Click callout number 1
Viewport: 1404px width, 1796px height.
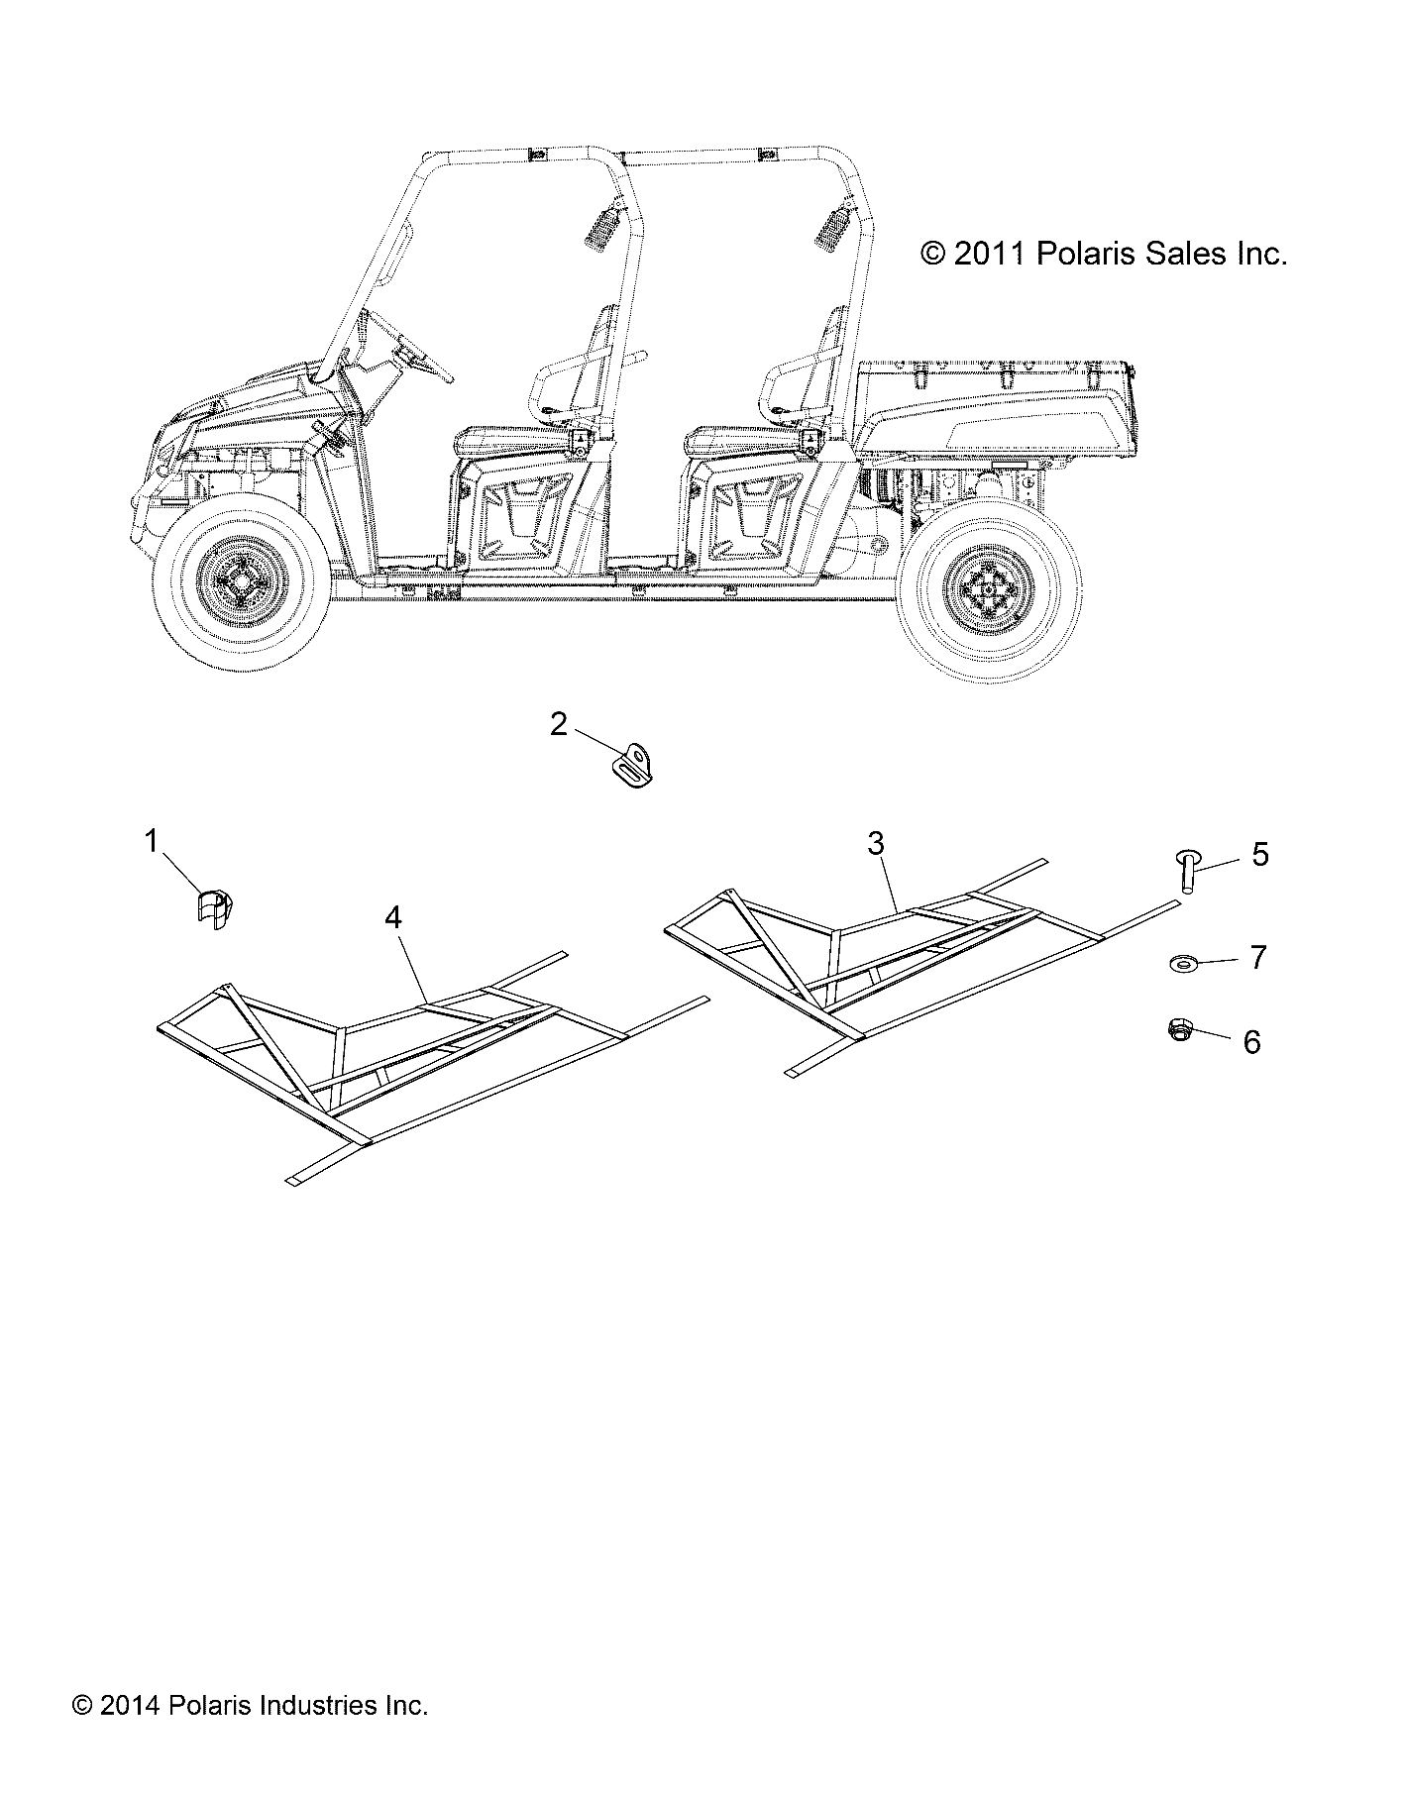(x=152, y=842)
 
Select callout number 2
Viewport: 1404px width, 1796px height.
(x=559, y=725)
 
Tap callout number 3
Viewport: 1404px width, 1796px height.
(x=875, y=843)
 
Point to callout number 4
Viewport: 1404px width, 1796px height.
(x=393, y=918)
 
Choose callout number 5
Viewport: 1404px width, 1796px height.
(x=1259, y=854)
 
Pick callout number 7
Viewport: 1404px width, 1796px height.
(x=1258, y=957)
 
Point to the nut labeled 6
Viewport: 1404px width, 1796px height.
(x=1178, y=1030)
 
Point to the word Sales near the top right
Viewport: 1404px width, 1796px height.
(x=1182, y=255)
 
